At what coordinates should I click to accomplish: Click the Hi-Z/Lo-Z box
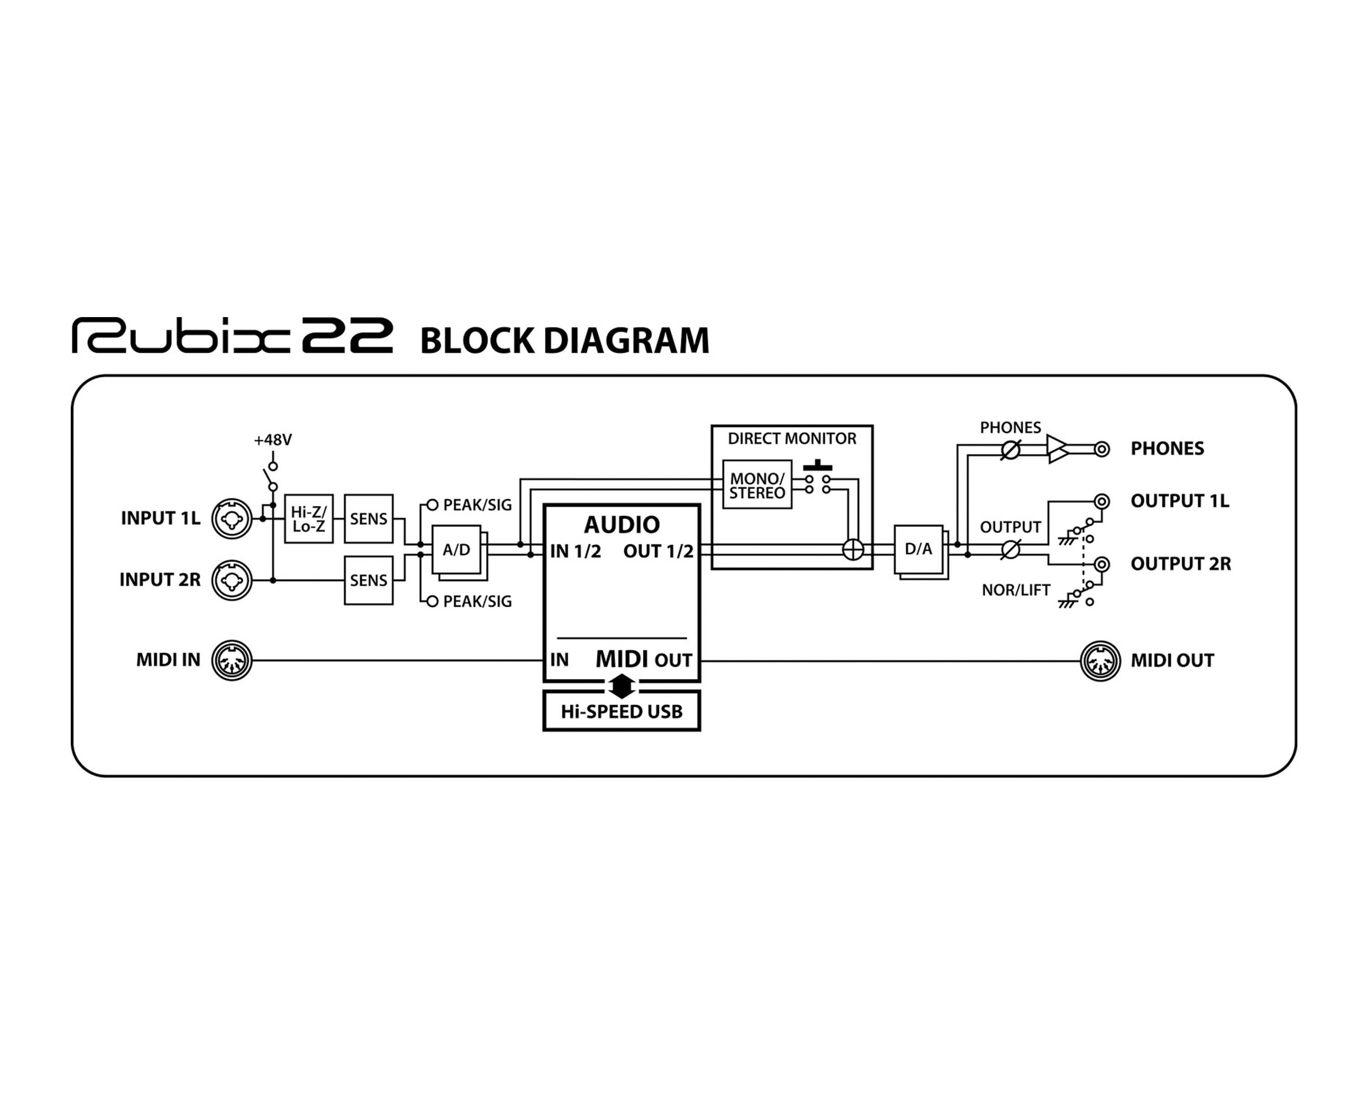tap(308, 519)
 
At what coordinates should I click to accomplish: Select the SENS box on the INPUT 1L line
tap(368, 519)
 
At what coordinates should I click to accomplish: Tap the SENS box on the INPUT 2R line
tap(368, 580)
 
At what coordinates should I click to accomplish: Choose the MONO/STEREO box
tap(757, 485)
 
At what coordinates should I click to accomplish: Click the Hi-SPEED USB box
tap(621, 712)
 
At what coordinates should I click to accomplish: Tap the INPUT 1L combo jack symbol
tap(232, 519)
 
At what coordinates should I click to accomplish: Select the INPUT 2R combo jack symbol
tap(232, 580)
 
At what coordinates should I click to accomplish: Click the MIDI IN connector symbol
tap(232, 660)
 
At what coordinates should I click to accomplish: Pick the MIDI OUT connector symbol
tap(1100, 661)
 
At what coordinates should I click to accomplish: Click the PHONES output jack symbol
tap(1103, 449)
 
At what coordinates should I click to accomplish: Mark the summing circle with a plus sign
tap(853, 550)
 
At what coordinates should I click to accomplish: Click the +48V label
tap(272, 440)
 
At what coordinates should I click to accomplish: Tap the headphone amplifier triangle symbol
tap(1056, 449)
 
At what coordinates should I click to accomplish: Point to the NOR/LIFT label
tap(1015, 590)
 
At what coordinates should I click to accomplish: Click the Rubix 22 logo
tap(232, 336)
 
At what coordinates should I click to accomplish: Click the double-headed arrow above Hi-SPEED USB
tap(622, 686)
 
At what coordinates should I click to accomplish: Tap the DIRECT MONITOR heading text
tap(792, 438)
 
